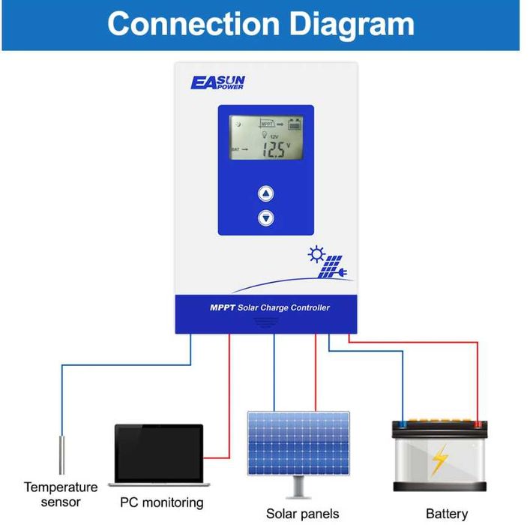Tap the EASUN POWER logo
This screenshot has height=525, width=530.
tap(217, 82)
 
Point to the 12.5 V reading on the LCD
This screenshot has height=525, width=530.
tap(275, 149)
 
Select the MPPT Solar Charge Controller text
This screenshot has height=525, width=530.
tap(269, 307)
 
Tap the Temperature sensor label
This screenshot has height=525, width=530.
tap(60, 495)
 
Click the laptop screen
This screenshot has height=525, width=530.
tap(159, 453)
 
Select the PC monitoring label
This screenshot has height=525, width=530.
tap(161, 502)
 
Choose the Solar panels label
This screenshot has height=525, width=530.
tap(302, 514)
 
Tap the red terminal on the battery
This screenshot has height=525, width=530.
tap(477, 424)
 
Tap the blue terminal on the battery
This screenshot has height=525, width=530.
tap(403, 424)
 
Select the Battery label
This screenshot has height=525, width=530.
tap(447, 514)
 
